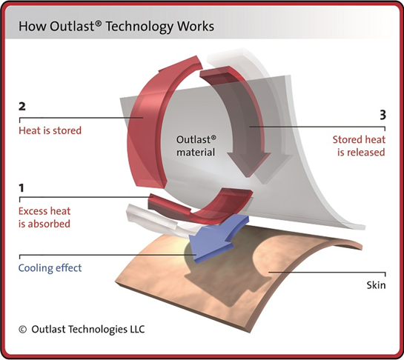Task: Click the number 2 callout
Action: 22,107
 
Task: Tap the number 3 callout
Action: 383,115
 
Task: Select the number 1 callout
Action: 21,188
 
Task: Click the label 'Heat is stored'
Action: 50,130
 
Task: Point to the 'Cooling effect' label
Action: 50,268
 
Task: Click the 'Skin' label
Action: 376,285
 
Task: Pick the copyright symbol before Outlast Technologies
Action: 23,330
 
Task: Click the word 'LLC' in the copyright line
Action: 136,329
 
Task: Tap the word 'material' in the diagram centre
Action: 196,152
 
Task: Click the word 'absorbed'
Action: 49,224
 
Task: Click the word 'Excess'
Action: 33,211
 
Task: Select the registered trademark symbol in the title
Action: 98,24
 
